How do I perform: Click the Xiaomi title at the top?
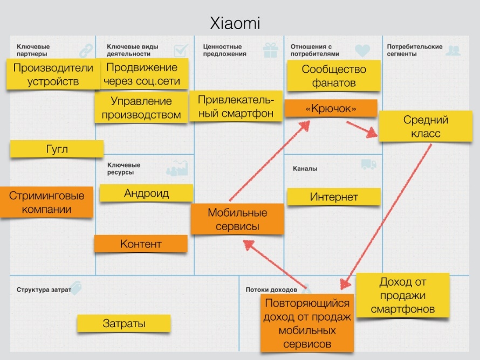(235, 23)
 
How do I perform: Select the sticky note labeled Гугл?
(57, 149)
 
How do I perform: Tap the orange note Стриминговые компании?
(46, 202)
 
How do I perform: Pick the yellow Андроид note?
(146, 193)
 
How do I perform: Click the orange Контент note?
(141, 244)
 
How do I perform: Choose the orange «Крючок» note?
(331, 108)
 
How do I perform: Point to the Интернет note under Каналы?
(334, 197)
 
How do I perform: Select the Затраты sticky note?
(124, 323)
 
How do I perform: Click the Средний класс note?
(426, 126)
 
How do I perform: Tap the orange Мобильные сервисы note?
(237, 219)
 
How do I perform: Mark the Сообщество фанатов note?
(334, 76)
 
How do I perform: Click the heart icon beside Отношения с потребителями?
(362, 51)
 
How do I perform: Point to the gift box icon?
(271, 50)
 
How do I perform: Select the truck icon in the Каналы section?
(369, 164)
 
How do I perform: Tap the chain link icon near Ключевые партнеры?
(86, 51)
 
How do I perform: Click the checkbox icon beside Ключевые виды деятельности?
(181, 51)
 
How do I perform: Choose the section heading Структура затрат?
(44, 289)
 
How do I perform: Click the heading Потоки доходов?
(271, 289)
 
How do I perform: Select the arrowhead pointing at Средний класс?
(372, 133)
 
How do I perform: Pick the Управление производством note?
(141, 108)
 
